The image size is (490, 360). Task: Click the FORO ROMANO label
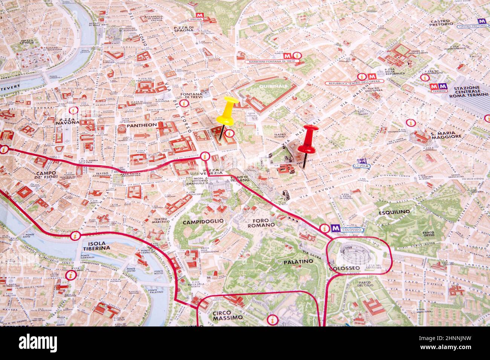(261, 222)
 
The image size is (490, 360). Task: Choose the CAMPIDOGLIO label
(203, 222)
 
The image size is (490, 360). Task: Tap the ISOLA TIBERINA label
(96, 245)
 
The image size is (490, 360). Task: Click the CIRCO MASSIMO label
(227, 315)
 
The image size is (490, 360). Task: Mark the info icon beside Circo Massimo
(272, 319)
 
